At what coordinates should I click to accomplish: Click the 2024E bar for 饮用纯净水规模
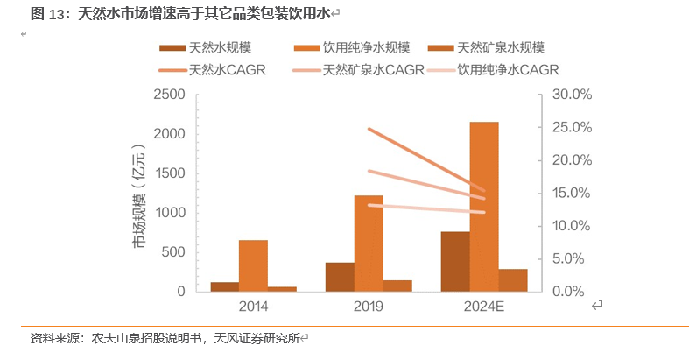pyautogui.click(x=484, y=207)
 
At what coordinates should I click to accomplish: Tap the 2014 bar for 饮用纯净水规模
pyautogui.click(x=253, y=265)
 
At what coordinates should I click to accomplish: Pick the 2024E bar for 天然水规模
pyautogui.click(x=455, y=261)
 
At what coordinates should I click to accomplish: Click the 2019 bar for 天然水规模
pyautogui.click(x=340, y=277)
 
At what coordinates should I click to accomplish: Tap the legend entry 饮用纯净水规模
pyautogui.click(x=359, y=48)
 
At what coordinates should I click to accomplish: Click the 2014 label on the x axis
pyautogui.click(x=253, y=307)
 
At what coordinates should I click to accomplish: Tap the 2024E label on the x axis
pyautogui.click(x=484, y=307)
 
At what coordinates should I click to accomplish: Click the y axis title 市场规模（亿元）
pyautogui.click(x=139, y=193)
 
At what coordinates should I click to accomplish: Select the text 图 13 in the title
pyautogui.click(x=49, y=13)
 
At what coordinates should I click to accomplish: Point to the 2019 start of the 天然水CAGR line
pyautogui.click(x=369, y=129)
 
